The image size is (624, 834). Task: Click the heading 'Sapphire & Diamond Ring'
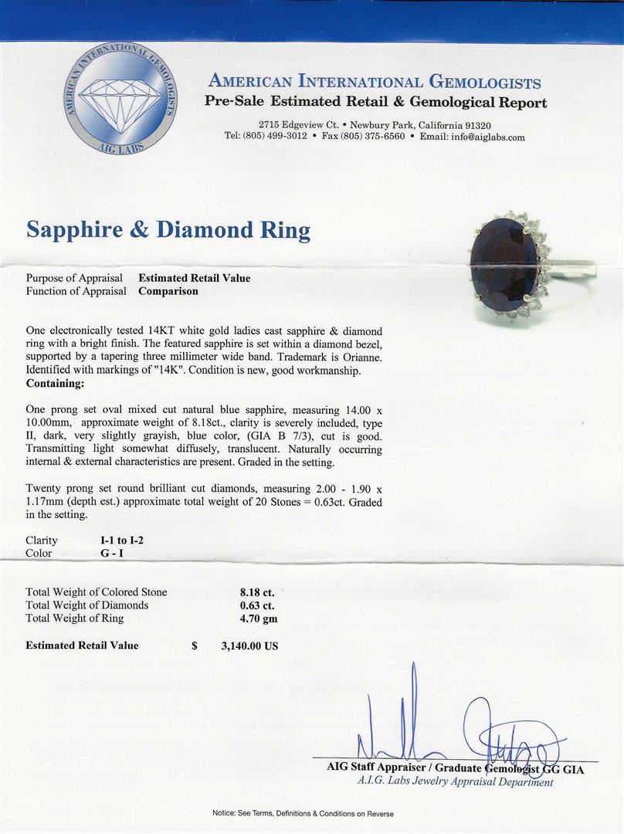click(x=168, y=229)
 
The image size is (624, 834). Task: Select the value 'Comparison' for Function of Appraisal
click(x=168, y=291)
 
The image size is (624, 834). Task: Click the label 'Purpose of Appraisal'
click(x=74, y=278)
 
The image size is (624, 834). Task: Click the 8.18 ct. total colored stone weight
click(x=257, y=592)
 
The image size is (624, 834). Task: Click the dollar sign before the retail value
click(x=195, y=646)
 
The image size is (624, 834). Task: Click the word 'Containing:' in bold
click(x=56, y=383)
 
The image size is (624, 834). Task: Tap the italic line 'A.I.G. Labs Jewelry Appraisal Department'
click(x=455, y=781)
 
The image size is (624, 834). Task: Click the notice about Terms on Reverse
click(x=303, y=813)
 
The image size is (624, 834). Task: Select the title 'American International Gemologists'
click(x=375, y=83)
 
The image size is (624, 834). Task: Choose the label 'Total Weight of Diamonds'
click(x=86, y=605)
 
